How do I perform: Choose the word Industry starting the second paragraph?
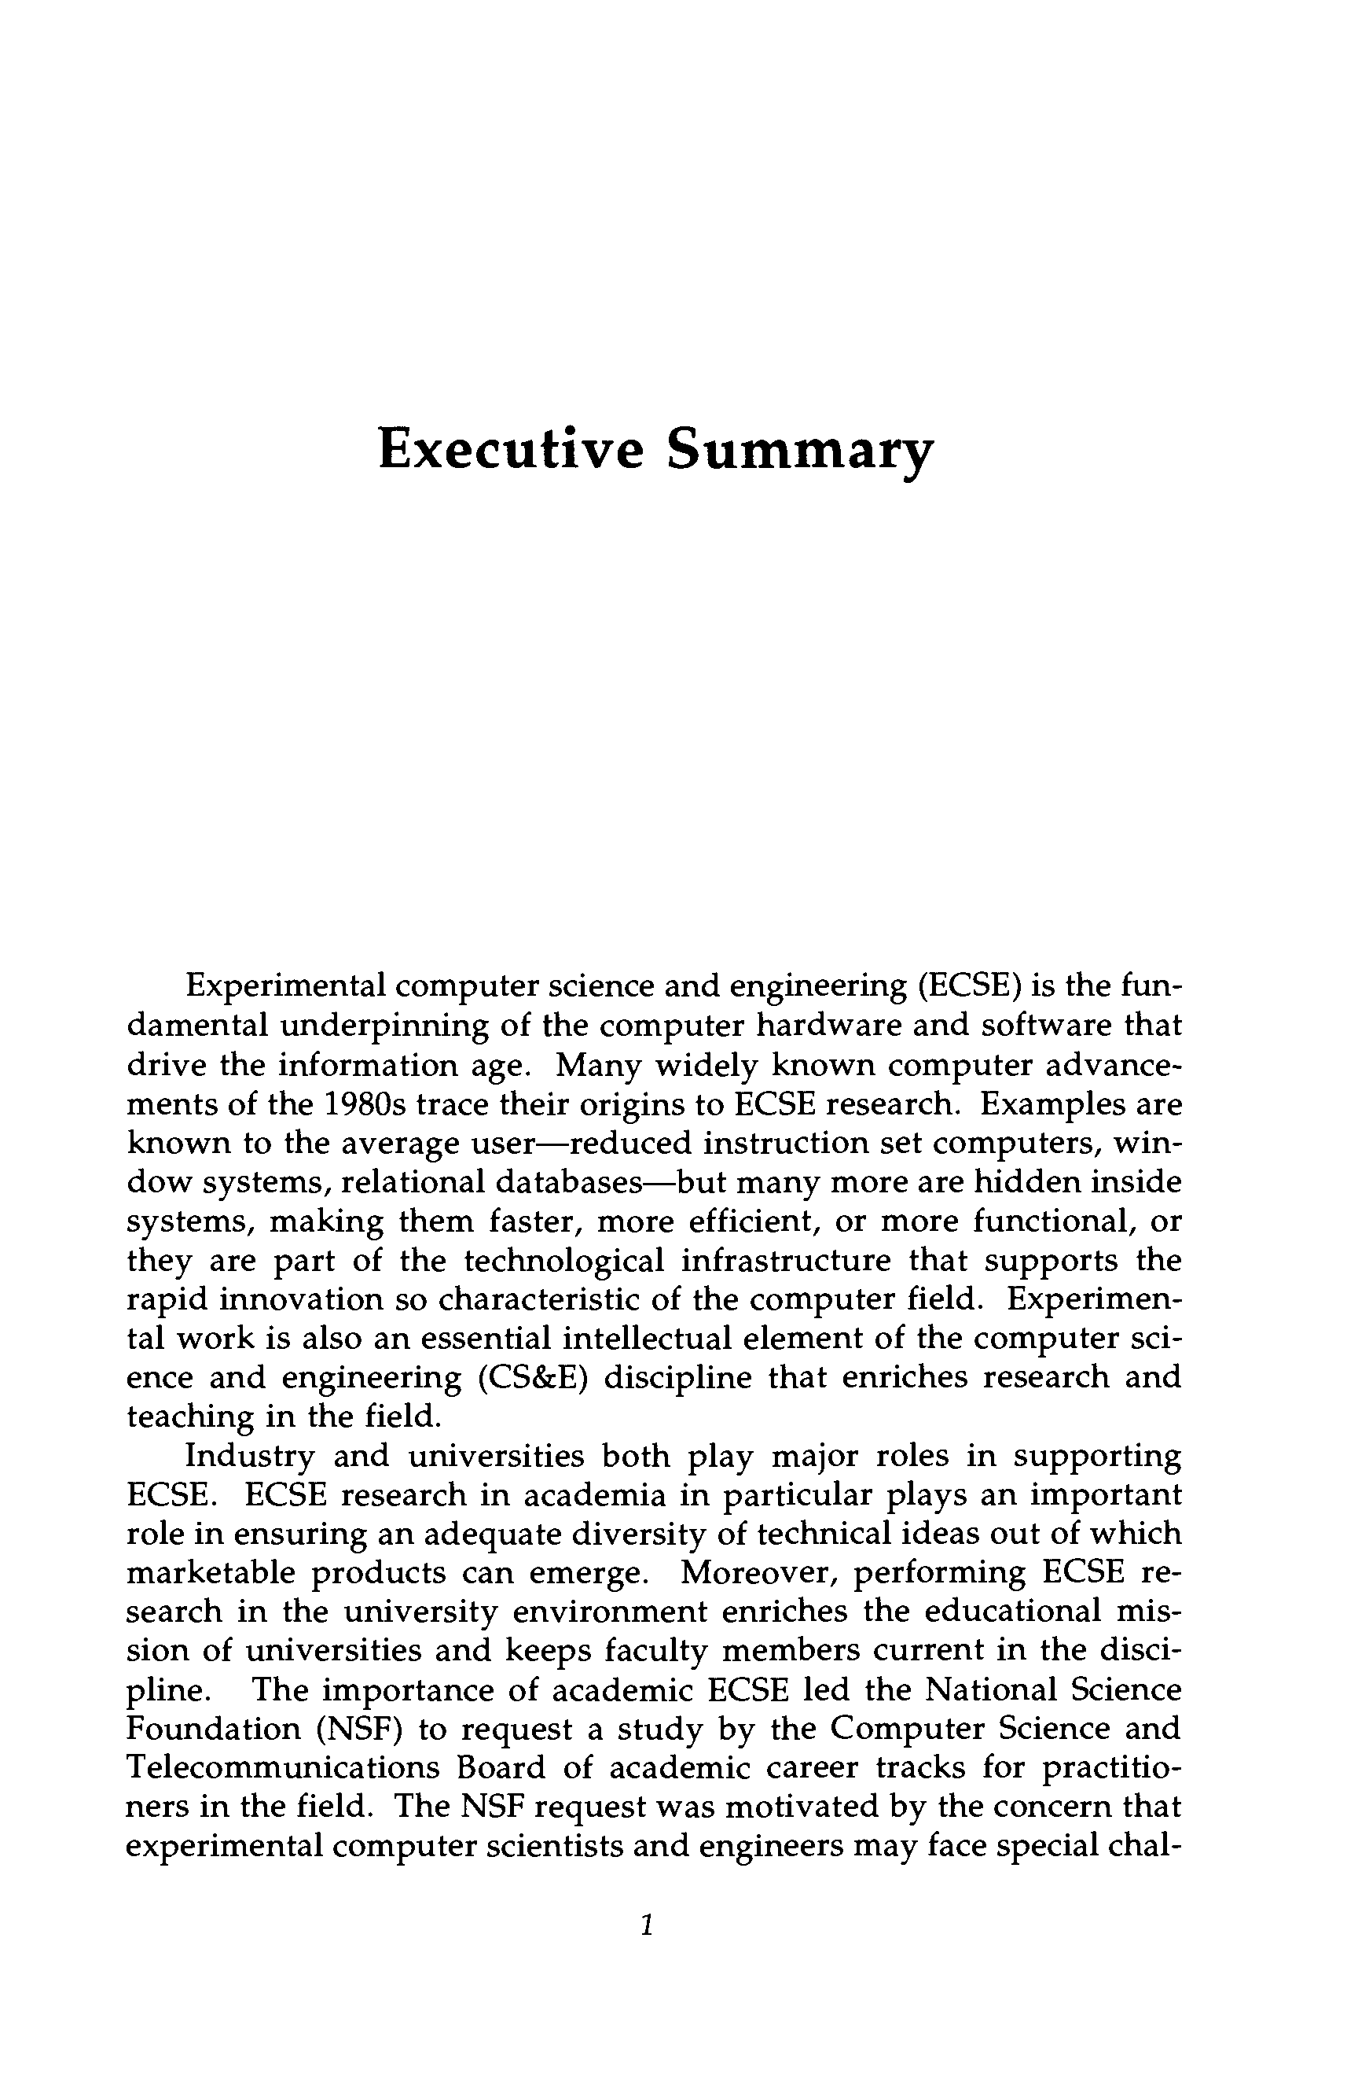(x=250, y=1455)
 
